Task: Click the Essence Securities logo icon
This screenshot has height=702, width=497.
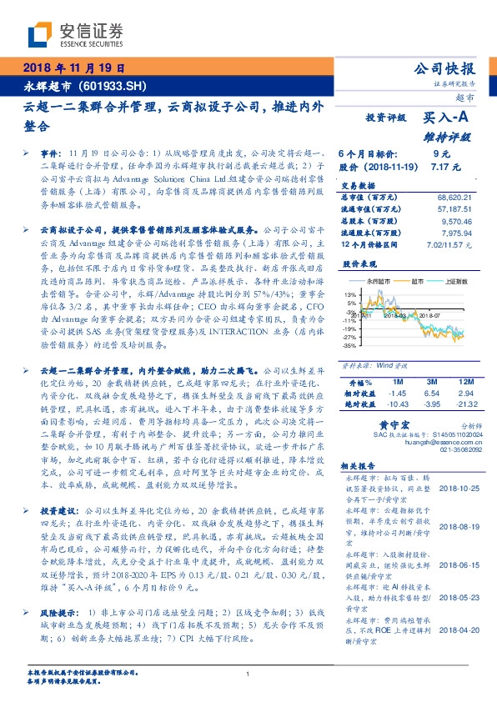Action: click(x=39, y=33)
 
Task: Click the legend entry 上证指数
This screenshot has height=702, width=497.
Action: click(x=454, y=283)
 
